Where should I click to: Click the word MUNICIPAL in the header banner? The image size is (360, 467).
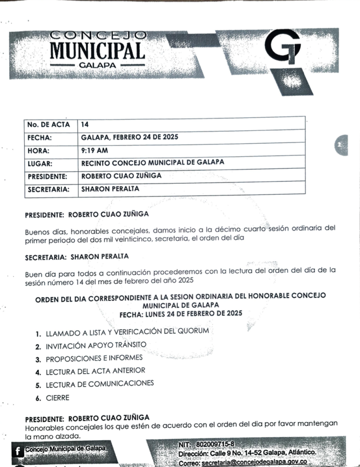[x=97, y=51]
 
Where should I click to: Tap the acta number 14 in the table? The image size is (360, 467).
[x=84, y=124]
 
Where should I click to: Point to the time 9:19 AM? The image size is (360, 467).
[x=94, y=150]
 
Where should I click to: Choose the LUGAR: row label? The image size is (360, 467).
[x=40, y=163]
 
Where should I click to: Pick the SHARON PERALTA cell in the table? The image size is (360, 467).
[x=110, y=189]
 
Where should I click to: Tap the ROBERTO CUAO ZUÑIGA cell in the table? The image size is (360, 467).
[x=121, y=176]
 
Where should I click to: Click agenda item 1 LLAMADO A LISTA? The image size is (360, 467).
[x=127, y=332]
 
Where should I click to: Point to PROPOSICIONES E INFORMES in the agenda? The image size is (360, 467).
[x=94, y=358]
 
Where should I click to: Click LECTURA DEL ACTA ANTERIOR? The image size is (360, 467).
[x=95, y=371]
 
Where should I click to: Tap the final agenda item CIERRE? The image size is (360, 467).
[x=57, y=398]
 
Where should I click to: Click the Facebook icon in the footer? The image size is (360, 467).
[x=18, y=451]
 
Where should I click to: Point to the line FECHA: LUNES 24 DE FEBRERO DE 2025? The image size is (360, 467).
[x=181, y=314]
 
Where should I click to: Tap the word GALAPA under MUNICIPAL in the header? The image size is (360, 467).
[x=97, y=65]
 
